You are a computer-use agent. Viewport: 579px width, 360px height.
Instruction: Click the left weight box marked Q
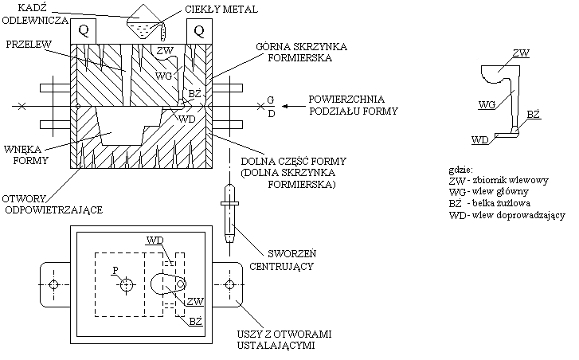84,32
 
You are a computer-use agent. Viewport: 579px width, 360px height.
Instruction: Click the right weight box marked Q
198,32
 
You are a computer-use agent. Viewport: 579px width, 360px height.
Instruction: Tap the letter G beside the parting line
271,100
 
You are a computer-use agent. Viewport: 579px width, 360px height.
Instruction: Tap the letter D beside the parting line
271,113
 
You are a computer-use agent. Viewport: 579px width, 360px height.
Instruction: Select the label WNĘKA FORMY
25,153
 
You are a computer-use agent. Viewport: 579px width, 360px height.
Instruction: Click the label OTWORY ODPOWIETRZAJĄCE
52,205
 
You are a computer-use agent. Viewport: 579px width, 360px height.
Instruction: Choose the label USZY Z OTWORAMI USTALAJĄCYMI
274,340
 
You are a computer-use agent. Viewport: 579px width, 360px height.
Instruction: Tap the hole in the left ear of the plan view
53,284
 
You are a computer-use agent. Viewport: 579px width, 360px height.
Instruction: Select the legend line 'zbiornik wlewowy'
499,181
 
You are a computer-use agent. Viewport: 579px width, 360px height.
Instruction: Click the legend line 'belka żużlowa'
493,203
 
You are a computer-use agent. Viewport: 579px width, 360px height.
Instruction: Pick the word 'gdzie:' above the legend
461,170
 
